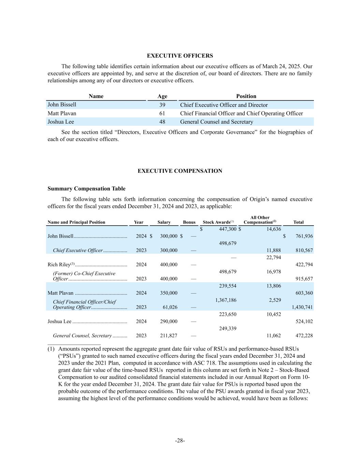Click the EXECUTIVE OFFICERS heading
(x=180, y=56)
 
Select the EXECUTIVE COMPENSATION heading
(x=180, y=171)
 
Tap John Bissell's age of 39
(x=162, y=105)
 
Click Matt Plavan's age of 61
(x=162, y=113)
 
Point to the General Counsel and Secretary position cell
(x=216, y=122)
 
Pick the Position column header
(x=246, y=96)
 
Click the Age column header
(x=162, y=96)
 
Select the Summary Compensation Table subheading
(x=86, y=189)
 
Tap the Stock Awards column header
(x=218, y=222)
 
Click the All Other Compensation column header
(x=260, y=220)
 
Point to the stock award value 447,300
(x=228, y=229)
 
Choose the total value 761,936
(x=304, y=236)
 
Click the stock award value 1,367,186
(x=226, y=300)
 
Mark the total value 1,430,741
(x=302, y=307)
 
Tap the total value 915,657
(x=304, y=279)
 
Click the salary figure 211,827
(x=169, y=336)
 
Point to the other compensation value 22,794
(x=273, y=257)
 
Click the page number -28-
(x=180, y=440)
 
